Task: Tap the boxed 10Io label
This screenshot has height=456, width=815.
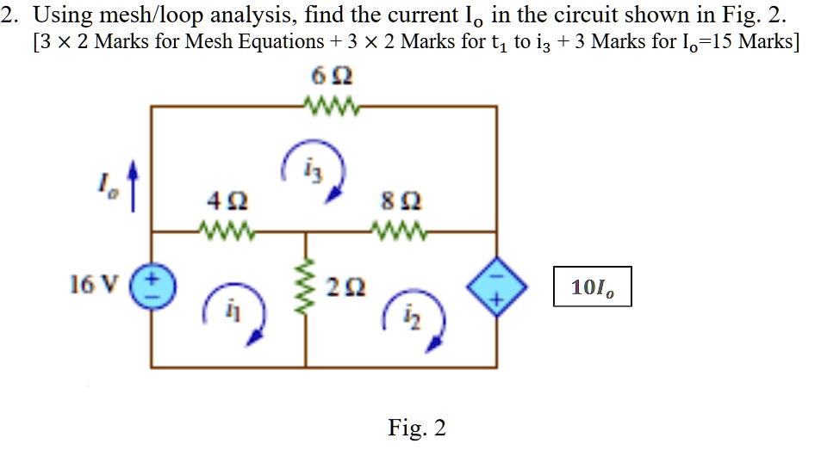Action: (x=592, y=287)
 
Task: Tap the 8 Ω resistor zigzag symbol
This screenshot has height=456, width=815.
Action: (x=398, y=231)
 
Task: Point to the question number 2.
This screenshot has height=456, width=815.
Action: (x=9, y=15)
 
